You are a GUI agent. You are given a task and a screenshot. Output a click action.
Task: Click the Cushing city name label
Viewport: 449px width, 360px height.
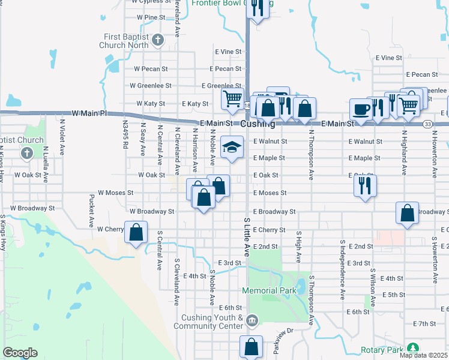[258, 125]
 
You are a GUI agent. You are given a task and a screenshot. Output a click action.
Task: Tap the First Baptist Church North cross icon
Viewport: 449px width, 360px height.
[157, 41]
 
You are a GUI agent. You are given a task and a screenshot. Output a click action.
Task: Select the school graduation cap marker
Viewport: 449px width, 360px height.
[232, 147]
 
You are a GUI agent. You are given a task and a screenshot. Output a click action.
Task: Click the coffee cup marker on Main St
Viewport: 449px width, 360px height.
[361, 110]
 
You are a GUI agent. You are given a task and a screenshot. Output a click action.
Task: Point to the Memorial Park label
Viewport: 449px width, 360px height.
[270, 290]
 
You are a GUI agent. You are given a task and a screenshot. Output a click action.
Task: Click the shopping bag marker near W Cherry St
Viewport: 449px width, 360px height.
[136, 232]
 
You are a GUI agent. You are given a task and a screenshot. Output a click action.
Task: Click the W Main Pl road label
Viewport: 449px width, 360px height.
[88, 113]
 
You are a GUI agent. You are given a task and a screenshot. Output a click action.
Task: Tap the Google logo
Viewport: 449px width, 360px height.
[20, 353]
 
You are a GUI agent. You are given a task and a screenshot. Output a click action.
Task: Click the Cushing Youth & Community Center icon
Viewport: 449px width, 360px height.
[252, 319]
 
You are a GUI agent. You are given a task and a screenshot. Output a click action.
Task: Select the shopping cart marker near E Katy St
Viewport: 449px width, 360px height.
[232, 98]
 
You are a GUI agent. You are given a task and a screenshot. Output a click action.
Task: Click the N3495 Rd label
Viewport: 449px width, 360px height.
[125, 137]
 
